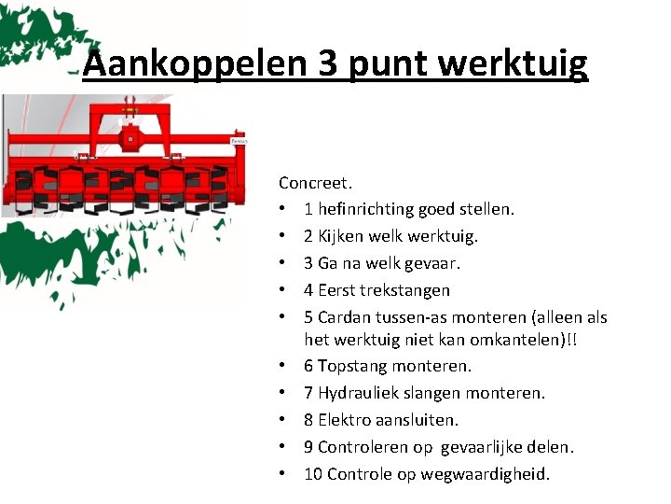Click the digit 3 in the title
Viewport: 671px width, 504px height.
click(328, 63)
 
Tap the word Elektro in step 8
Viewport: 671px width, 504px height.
click(345, 420)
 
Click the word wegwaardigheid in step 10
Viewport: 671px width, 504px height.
click(488, 474)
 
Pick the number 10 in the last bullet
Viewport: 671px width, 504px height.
click(313, 474)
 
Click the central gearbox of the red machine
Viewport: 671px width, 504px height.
click(130, 140)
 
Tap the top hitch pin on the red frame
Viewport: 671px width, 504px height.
click(130, 102)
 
